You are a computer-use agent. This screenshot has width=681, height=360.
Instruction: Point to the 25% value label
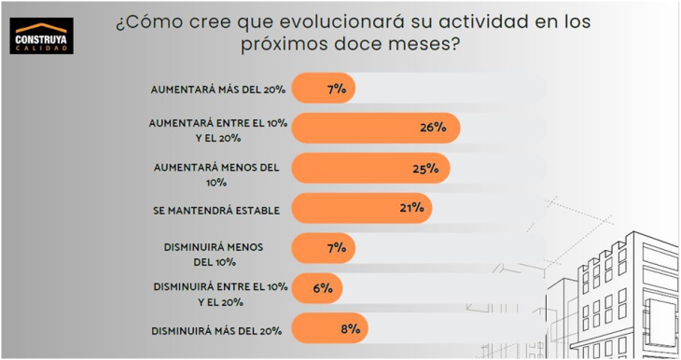[x=425, y=169]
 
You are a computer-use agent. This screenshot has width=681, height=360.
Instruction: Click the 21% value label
[x=411, y=208]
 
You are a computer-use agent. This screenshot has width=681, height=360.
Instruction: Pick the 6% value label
[x=324, y=288]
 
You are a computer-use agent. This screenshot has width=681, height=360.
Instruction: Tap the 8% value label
[x=349, y=328]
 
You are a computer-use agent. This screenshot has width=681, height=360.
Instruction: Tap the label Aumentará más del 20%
[x=215, y=90]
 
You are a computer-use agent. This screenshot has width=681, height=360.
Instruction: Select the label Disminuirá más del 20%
[x=215, y=330]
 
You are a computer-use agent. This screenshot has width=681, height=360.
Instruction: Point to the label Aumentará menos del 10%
[x=215, y=175]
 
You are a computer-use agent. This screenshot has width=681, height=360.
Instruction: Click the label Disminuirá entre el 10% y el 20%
[x=215, y=296]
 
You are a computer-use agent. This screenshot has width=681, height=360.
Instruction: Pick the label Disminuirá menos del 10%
[x=215, y=256]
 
